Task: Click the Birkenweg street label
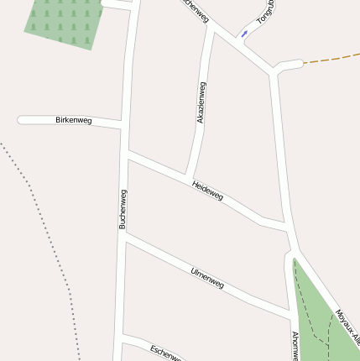tap(73, 121)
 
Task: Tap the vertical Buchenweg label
tap(123, 209)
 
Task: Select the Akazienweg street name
tap(201, 103)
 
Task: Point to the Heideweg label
tap(207, 190)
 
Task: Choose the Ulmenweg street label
tap(207, 278)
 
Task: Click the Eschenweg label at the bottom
tap(166, 353)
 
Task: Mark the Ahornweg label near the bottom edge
tap(295, 346)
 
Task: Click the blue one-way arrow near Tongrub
tap(244, 34)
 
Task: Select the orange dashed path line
tap(331, 59)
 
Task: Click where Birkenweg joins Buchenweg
tap(126, 127)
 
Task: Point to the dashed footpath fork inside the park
tap(316, 334)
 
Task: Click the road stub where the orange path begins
tap(290, 64)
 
